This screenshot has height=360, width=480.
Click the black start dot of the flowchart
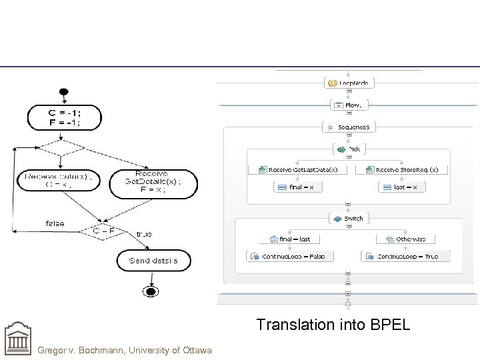click(63, 92)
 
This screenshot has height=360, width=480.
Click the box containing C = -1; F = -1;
click(64, 117)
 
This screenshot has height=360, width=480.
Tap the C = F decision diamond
click(101, 230)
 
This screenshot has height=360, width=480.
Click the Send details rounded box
click(153, 260)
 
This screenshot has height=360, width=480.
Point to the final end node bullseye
click(151, 292)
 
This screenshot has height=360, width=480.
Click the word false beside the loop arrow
click(55, 223)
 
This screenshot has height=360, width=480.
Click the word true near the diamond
click(143, 234)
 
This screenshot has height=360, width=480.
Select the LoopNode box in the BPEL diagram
click(349, 83)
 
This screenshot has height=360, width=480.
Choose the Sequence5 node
click(349, 127)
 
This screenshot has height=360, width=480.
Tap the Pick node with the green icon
click(349, 149)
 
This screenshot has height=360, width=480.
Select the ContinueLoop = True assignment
click(406, 256)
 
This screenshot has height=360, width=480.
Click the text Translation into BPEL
click(333, 325)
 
